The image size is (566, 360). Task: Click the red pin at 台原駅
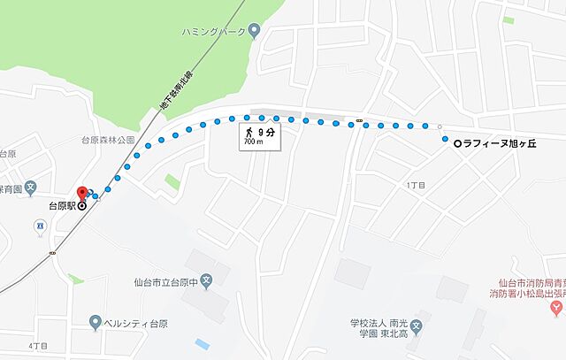click(x=82, y=193)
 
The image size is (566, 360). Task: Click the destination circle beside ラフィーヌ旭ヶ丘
click(x=456, y=143)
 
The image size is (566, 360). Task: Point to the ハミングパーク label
click(x=212, y=31)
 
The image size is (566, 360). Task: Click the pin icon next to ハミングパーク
click(x=255, y=31)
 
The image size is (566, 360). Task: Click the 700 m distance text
click(x=254, y=142)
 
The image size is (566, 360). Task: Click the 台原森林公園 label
click(x=108, y=140)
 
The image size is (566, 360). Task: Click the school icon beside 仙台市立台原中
click(x=206, y=283)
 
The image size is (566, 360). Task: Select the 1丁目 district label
click(x=416, y=185)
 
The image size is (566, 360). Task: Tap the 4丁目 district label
click(x=36, y=344)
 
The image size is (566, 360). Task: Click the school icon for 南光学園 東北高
click(x=423, y=315)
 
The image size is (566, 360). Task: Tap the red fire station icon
click(x=555, y=308)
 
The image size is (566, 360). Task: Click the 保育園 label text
click(x=11, y=188)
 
